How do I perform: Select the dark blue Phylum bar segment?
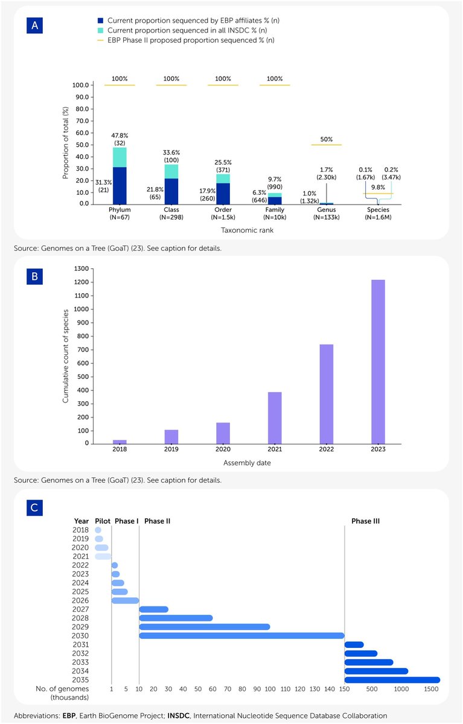(120, 185)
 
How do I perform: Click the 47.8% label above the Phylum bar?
(120, 136)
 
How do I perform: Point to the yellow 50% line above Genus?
(326, 145)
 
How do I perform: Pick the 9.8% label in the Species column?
(377, 187)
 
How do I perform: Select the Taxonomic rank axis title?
(249, 230)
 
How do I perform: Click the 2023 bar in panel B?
(378, 361)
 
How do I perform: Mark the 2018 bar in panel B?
(120, 442)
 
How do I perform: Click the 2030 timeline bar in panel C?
(241, 635)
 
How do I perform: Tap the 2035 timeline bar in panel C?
(392, 680)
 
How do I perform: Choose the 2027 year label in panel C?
(81, 609)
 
